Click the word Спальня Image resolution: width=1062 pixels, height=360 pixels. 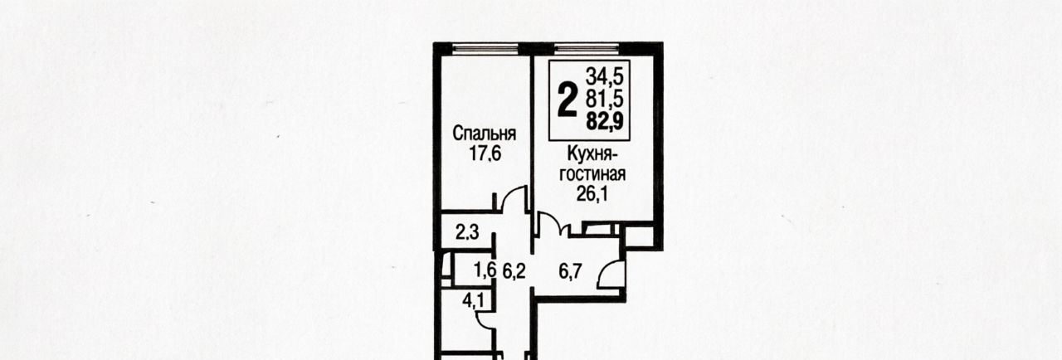pos(484,134)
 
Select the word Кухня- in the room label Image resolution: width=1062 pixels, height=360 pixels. pos(592,154)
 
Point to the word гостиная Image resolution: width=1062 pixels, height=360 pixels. pos(592,174)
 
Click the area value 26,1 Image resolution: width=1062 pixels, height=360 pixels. pos(592,194)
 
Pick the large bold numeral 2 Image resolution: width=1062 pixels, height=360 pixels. pos(568,100)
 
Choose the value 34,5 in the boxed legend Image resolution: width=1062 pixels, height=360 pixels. pos(605,75)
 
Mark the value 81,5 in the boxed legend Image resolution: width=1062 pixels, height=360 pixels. pos(605,100)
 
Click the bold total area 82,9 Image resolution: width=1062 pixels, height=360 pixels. pos(605,122)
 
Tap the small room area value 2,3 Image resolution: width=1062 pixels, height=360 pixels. pos(467,232)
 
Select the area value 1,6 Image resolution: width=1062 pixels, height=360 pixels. pos(485,270)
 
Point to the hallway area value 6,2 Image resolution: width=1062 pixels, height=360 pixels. pos(514,271)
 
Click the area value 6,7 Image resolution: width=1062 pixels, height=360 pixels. pos(570,271)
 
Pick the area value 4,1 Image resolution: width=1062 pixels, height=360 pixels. pos(474,301)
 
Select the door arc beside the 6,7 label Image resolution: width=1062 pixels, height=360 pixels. pos(605,270)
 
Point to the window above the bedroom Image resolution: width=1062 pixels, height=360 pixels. pos(485,48)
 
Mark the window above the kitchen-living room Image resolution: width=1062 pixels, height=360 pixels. pos(587,48)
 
